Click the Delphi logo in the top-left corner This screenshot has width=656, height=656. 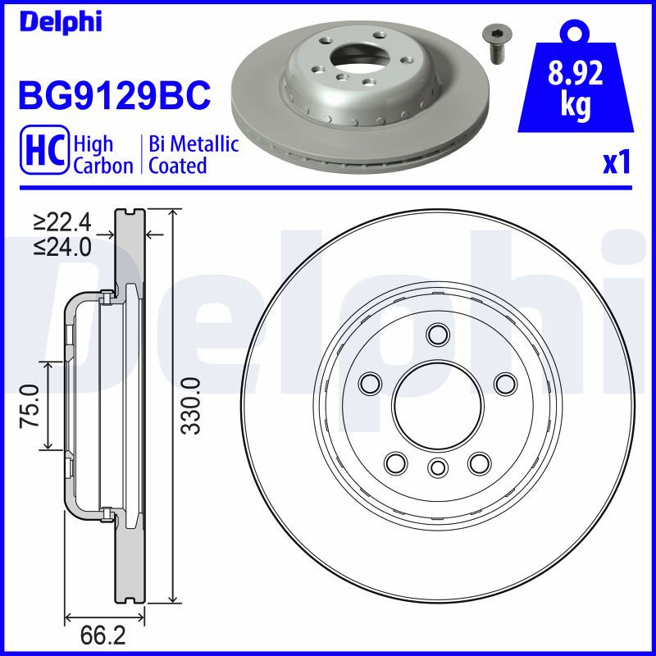pos(61,21)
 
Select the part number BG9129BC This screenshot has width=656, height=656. pos(114,95)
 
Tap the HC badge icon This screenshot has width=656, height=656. pos(44,149)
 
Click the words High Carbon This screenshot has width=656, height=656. pos(103,154)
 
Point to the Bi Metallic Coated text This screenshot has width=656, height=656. pos(194,154)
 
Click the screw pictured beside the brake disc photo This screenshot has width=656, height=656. pos(497,45)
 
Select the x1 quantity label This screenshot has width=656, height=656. pos(617,162)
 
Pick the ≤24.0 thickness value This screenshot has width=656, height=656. pos(63,247)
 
